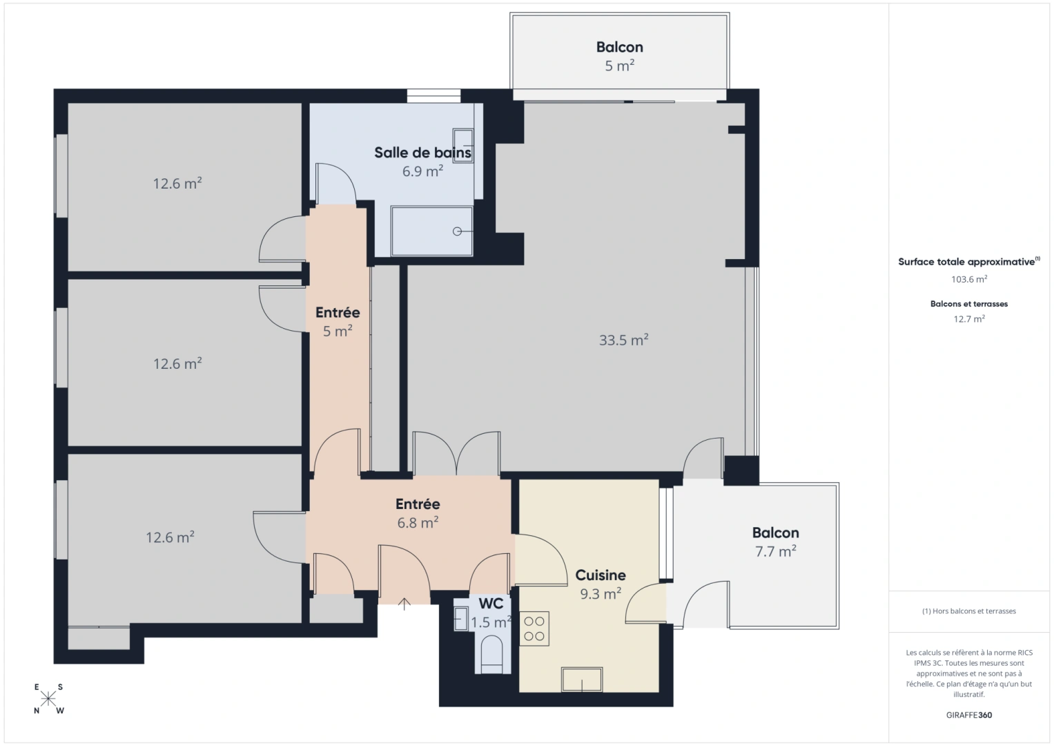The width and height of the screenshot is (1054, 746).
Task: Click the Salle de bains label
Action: pyautogui.click(x=422, y=153)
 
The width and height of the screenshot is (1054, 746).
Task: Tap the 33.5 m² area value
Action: pyautogui.click(x=623, y=340)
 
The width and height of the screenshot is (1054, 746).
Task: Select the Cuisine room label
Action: pyautogui.click(x=601, y=575)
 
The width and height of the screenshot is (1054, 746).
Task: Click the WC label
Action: pyautogui.click(x=491, y=604)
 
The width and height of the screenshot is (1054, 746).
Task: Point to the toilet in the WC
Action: pyautogui.click(x=491, y=653)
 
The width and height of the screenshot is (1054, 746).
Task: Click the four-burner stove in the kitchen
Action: pyautogui.click(x=534, y=629)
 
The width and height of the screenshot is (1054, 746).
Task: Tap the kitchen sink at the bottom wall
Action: pyautogui.click(x=582, y=680)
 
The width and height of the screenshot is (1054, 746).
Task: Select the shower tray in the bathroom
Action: pyautogui.click(x=432, y=231)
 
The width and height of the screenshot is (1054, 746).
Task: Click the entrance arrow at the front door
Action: pyautogui.click(x=404, y=604)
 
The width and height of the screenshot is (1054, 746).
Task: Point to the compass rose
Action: pyautogui.click(x=48, y=698)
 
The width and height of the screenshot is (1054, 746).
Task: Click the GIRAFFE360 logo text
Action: pyautogui.click(x=968, y=715)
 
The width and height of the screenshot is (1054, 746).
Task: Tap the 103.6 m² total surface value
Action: pyautogui.click(x=968, y=279)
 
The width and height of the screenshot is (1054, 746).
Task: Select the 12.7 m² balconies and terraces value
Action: pyautogui.click(x=968, y=319)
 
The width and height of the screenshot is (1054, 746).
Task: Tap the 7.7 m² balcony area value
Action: pyautogui.click(x=775, y=551)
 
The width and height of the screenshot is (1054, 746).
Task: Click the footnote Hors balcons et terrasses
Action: pyautogui.click(x=968, y=611)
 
